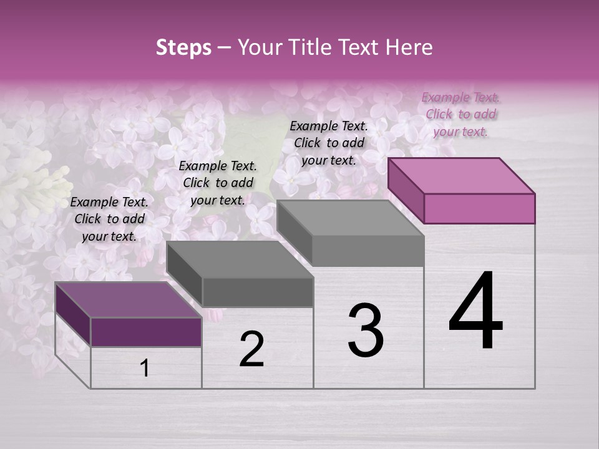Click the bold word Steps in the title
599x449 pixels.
point(183,47)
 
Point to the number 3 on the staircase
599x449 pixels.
point(366,330)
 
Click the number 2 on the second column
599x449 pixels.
point(251,349)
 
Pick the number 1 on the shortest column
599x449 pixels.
point(145,369)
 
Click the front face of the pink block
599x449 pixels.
point(479,208)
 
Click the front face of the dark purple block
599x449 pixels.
point(146,332)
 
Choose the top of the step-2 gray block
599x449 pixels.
point(240,259)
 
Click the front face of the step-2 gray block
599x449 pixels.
point(258,292)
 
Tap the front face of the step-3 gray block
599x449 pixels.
point(368,251)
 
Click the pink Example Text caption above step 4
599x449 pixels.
point(460,114)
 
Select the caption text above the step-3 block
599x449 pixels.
point(329,143)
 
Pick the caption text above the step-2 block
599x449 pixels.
point(218,183)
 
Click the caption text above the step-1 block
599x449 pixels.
point(109,219)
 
